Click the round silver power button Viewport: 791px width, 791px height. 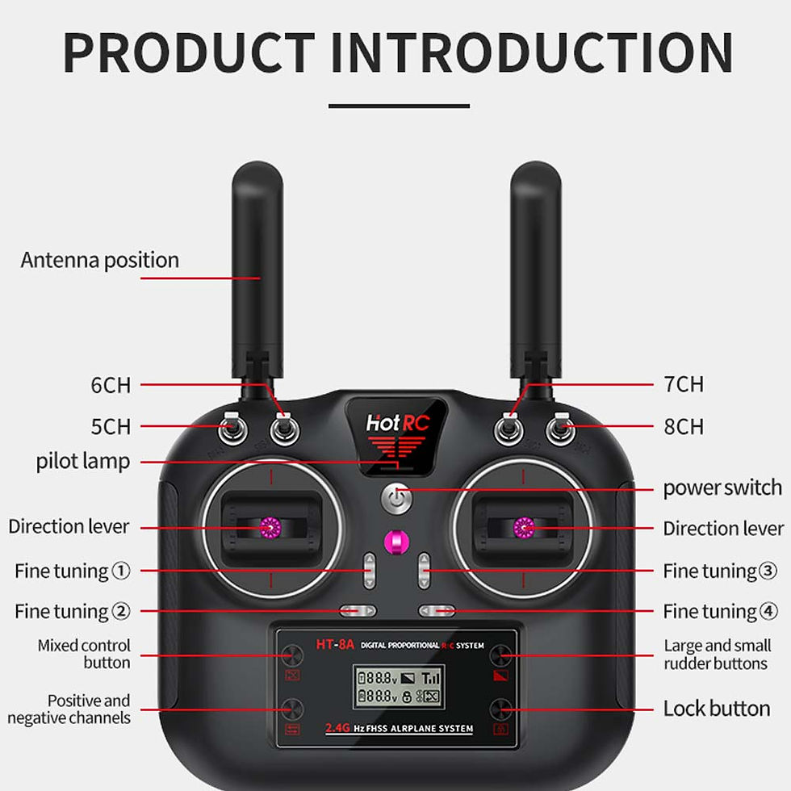[x=396, y=499]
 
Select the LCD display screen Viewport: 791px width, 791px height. [x=399, y=687]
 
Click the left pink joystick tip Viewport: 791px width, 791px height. [x=270, y=528]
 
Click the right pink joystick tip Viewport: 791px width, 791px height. [x=524, y=528]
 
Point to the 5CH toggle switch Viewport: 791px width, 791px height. [x=232, y=428]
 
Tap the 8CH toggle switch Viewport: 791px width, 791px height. [x=560, y=428]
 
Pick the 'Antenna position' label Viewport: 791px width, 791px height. [x=100, y=261]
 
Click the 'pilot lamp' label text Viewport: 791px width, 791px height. [x=83, y=462]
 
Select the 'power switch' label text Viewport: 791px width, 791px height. [x=722, y=488]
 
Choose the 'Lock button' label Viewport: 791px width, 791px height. [x=717, y=709]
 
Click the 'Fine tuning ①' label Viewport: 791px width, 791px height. [x=73, y=571]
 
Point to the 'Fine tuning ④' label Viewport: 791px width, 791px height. [x=720, y=612]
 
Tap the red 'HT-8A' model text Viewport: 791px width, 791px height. [x=335, y=644]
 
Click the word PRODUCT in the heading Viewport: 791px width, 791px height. [x=189, y=52]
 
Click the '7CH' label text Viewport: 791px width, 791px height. [x=684, y=384]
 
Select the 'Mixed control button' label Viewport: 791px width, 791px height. [x=84, y=654]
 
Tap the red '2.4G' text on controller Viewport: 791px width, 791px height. [x=337, y=727]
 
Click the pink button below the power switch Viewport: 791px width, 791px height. [x=396, y=542]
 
